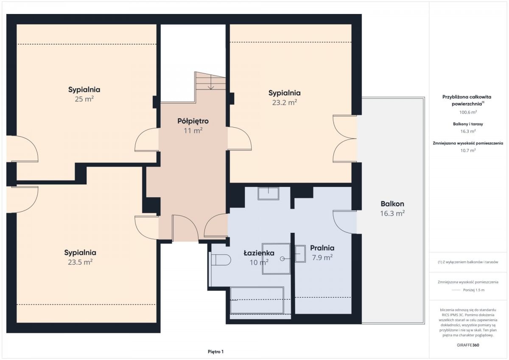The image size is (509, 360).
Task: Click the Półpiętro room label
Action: (x=193, y=121)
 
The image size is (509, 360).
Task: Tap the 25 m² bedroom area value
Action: (x=84, y=99)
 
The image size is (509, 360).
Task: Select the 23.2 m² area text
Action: (x=285, y=103)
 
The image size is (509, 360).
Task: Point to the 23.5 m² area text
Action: (x=80, y=262)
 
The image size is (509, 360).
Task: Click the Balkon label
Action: (x=392, y=204)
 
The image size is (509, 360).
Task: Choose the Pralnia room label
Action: (x=322, y=248)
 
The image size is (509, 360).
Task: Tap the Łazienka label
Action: (x=259, y=253)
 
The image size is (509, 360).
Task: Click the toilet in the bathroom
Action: (x=221, y=260)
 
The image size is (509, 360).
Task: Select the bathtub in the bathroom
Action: (x=257, y=300)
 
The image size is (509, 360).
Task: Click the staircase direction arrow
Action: (x=211, y=82)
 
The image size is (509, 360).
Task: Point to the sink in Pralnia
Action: (x=300, y=254)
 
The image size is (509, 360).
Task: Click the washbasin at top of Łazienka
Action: (x=268, y=193)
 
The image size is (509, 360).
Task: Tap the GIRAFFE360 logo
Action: (x=468, y=345)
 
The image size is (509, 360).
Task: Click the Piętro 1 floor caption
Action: (x=215, y=352)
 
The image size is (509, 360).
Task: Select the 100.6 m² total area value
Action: (x=468, y=112)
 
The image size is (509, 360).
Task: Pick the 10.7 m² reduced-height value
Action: (x=468, y=151)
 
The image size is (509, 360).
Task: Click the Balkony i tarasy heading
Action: (x=468, y=124)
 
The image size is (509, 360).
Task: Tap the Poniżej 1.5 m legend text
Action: (x=474, y=290)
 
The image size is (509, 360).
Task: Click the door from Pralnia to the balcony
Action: (x=345, y=222)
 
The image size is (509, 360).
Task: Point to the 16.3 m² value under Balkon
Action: (x=392, y=214)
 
